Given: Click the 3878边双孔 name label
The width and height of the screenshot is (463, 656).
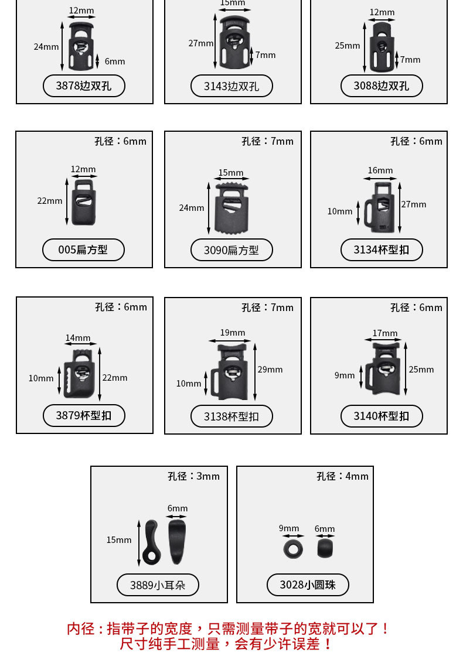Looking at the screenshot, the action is [x=84, y=86].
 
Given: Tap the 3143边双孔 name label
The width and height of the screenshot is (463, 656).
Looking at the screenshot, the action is [x=231, y=86].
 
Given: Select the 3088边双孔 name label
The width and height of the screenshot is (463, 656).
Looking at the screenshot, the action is [x=382, y=86].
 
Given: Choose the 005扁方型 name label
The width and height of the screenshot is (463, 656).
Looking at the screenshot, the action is [x=83, y=250].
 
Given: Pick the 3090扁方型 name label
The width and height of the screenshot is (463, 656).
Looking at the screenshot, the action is [x=231, y=250].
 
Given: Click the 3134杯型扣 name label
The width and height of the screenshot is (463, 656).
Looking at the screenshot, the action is [x=382, y=250].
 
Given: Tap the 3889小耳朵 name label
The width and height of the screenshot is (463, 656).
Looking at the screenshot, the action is [x=158, y=585].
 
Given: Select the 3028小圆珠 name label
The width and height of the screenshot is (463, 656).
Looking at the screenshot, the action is [x=308, y=585].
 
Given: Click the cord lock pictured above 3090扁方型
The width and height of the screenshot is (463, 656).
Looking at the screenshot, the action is [x=231, y=209].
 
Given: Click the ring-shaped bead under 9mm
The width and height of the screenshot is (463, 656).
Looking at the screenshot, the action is [x=292, y=549].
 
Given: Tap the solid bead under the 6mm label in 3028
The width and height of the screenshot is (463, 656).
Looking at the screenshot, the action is [x=325, y=549].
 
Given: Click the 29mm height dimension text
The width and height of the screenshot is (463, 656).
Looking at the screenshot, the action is [x=270, y=370].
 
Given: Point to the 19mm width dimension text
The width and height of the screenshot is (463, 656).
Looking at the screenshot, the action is [x=233, y=333].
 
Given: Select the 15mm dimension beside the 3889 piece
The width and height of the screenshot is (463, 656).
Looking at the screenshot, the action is [x=119, y=540].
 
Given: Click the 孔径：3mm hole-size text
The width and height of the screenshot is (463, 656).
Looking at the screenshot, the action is [x=194, y=477].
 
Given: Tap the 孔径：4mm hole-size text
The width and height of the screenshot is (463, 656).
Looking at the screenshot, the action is [x=343, y=477].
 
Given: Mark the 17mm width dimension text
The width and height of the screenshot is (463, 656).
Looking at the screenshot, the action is [x=385, y=333].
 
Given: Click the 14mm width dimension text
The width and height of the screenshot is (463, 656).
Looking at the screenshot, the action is [x=78, y=338].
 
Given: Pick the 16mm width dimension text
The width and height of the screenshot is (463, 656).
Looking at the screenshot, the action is [x=380, y=170].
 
